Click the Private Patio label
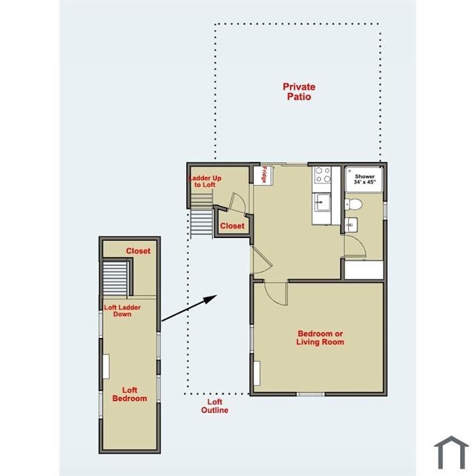point(299,92)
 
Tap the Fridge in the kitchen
point(264,175)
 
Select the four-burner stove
point(323,175)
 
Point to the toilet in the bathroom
point(354,204)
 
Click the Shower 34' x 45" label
point(364,179)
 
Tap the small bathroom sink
point(352,225)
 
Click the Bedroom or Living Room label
point(320,337)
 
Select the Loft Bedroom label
point(130,394)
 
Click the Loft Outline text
point(215,406)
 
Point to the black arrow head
point(209,299)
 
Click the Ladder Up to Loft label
point(205,182)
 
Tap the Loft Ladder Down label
point(122,311)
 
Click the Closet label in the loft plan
point(138,251)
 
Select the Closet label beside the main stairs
point(233,226)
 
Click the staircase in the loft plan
point(116,278)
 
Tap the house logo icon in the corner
point(452,452)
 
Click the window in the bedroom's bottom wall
point(311,394)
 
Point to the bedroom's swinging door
point(275,294)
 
